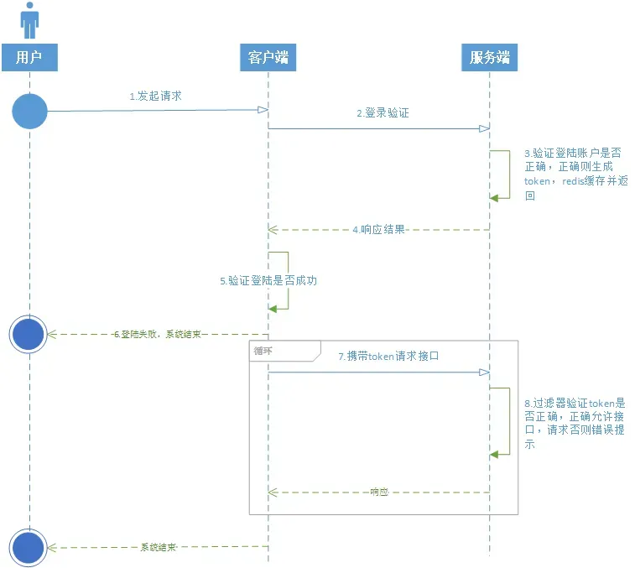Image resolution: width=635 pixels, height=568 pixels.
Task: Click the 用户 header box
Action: pos(29,57)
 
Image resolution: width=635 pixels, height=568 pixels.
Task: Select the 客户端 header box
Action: pos(268,57)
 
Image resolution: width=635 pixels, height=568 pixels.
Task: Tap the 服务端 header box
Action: pos(490,57)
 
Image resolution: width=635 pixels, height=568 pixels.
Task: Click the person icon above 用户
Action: pos(30,20)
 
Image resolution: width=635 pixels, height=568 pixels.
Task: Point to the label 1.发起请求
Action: pos(155,96)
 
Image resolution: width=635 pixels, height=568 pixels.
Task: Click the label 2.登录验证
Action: pos(383,112)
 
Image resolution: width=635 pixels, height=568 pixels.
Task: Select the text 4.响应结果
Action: pos(379,229)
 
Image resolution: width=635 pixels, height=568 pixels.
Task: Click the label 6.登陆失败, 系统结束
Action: pos(158,334)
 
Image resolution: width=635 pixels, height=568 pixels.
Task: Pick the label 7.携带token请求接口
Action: pos(388,357)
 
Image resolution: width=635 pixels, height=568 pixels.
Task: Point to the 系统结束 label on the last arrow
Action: pos(158,547)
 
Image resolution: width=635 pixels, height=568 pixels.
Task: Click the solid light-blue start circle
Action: pos(29,111)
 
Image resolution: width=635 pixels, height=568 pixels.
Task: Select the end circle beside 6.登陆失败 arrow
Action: pos(29,334)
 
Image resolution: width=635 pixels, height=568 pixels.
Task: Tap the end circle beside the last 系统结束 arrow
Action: pos(29,547)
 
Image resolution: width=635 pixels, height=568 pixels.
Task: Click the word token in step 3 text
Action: pos(536,181)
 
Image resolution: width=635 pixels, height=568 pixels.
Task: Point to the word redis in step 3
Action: pos(574,181)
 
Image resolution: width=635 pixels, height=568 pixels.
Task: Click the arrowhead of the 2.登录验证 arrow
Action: pos(484,128)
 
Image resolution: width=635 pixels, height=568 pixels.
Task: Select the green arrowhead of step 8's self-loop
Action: pos(495,454)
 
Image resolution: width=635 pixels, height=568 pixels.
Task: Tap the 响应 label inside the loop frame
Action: pos(379,492)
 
